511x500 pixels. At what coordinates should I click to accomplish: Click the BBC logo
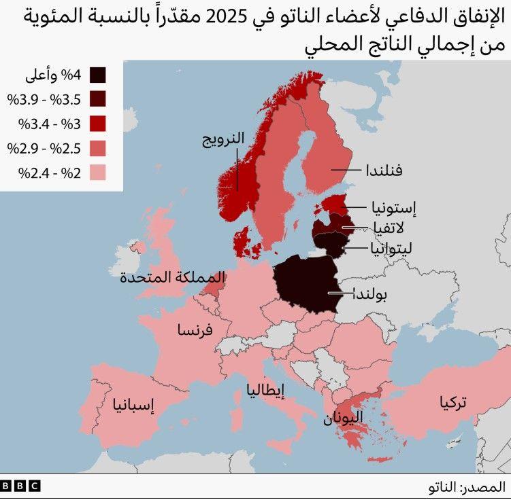[x=20, y=486]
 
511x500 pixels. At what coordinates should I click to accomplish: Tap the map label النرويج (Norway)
[x=223, y=140]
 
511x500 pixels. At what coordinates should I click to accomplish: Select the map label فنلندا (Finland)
[x=383, y=170]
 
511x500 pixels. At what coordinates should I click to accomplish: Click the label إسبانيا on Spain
[x=134, y=406]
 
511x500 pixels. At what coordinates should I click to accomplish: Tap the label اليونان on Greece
[x=343, y=418]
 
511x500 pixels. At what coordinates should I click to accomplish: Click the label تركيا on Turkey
[x=453, y=403]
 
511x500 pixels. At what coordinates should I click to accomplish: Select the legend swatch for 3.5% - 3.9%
[x=97, y=99]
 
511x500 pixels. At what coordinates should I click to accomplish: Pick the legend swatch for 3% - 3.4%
[x=97, y=124]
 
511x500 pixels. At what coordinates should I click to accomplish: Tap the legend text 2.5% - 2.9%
[x=44, y=148]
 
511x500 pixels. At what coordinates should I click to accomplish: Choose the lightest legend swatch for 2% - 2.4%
[x=97, y=173]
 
